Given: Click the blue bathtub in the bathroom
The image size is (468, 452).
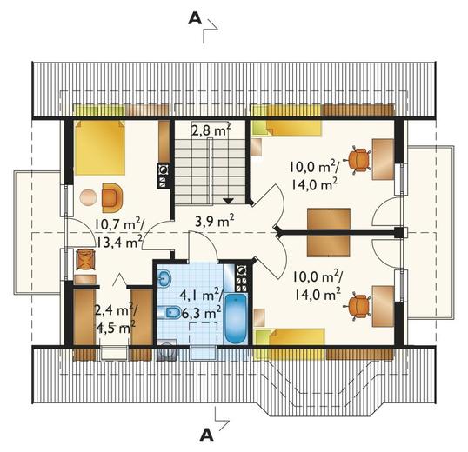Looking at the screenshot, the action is pos(236,318).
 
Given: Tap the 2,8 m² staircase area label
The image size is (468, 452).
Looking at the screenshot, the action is pos(211,130).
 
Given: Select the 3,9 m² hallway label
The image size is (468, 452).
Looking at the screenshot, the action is pos(214,221).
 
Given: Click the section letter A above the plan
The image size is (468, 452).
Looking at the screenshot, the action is pos(195,19).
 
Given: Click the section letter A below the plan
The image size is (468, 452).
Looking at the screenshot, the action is pos(207,435).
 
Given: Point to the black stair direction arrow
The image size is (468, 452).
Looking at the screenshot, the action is pos(228,201).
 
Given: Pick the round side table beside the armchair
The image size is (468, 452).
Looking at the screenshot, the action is pos(89,197).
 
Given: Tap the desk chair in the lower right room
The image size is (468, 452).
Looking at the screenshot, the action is pos(358,307).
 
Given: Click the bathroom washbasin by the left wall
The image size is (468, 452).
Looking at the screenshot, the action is pos(164,279).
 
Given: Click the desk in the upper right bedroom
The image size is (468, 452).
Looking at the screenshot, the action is pos(383,159).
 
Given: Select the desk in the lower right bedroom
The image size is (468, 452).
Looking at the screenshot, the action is pos(383,306).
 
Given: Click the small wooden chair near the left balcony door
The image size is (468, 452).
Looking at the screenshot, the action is pos(85,259).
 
